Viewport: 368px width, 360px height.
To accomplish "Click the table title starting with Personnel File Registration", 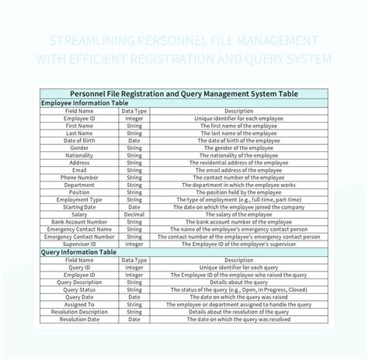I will (x=184, y=93).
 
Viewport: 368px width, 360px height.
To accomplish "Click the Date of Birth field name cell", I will (x=79, y=140).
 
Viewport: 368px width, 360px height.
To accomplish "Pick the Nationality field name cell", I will (x=79, y=155).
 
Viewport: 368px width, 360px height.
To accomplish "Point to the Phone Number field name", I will (x=79, y=178).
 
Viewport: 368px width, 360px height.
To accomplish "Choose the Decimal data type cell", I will (x=134, y=215).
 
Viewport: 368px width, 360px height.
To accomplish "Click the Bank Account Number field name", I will (x=79, y=223).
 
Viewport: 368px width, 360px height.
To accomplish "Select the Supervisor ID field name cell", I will (x=79, y=244).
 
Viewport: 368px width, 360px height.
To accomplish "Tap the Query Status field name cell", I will (x=79, y=289).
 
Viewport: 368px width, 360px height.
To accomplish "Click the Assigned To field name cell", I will (x=79, y=304).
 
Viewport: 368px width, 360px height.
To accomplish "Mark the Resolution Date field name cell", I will (x=79, y=319).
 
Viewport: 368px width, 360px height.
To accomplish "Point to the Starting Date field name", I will (x=79, y=207).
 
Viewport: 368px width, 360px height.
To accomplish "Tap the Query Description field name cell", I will (x=79, y=282).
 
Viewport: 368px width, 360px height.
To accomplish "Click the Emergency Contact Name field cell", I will (x=79, y=230).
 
